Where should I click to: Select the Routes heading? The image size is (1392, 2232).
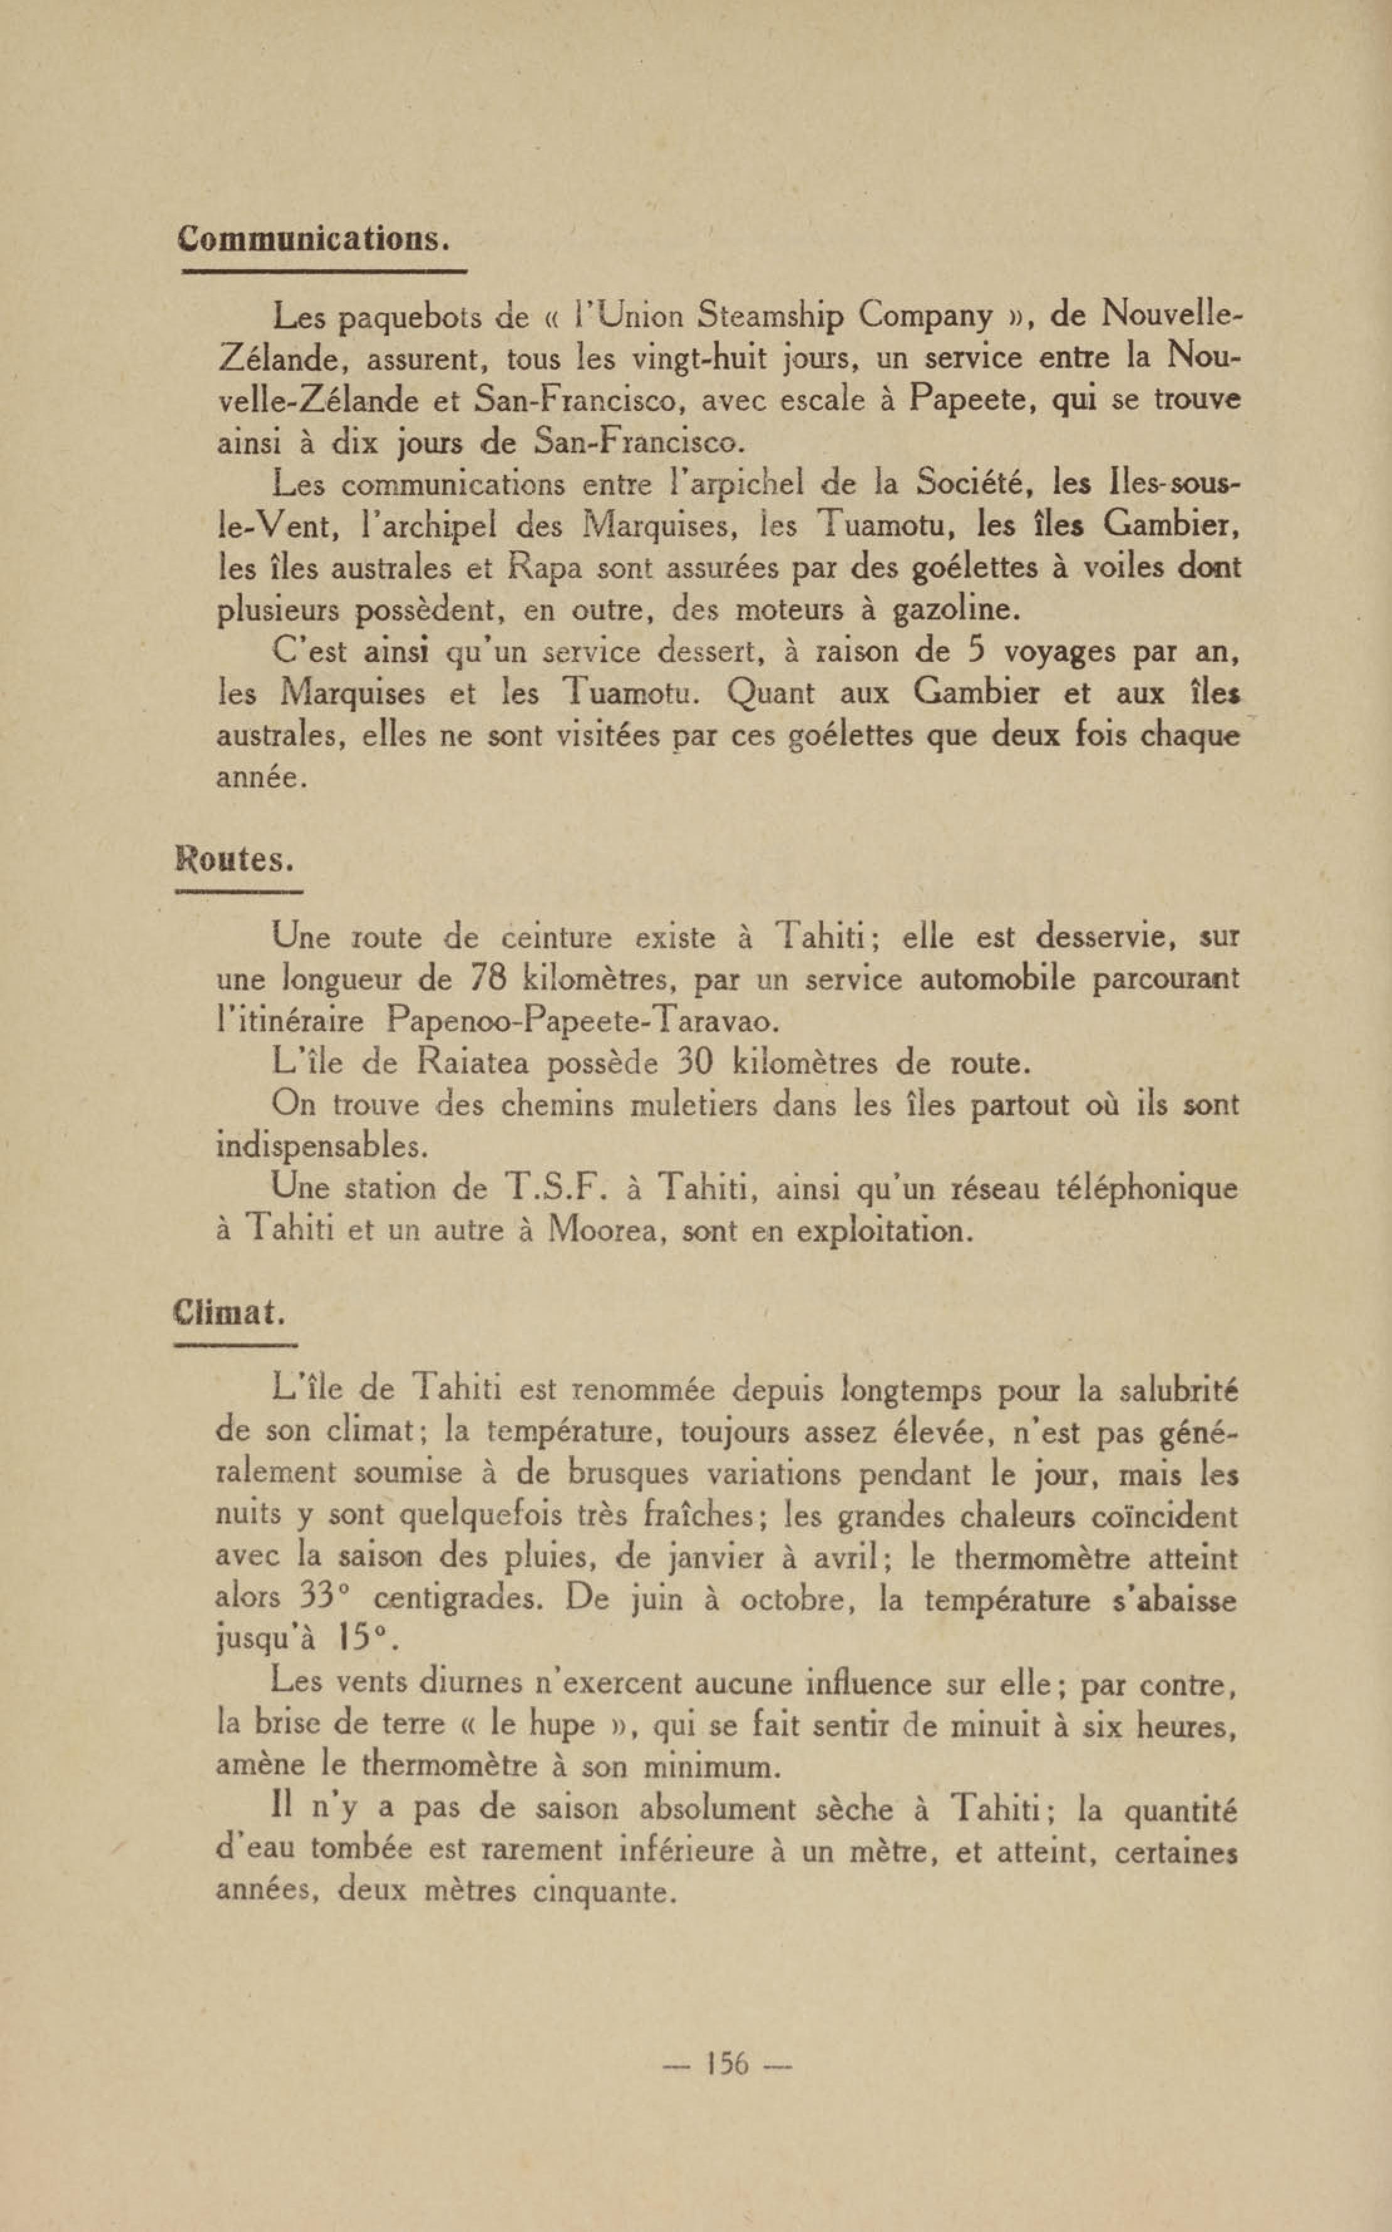(x=235, y=860)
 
